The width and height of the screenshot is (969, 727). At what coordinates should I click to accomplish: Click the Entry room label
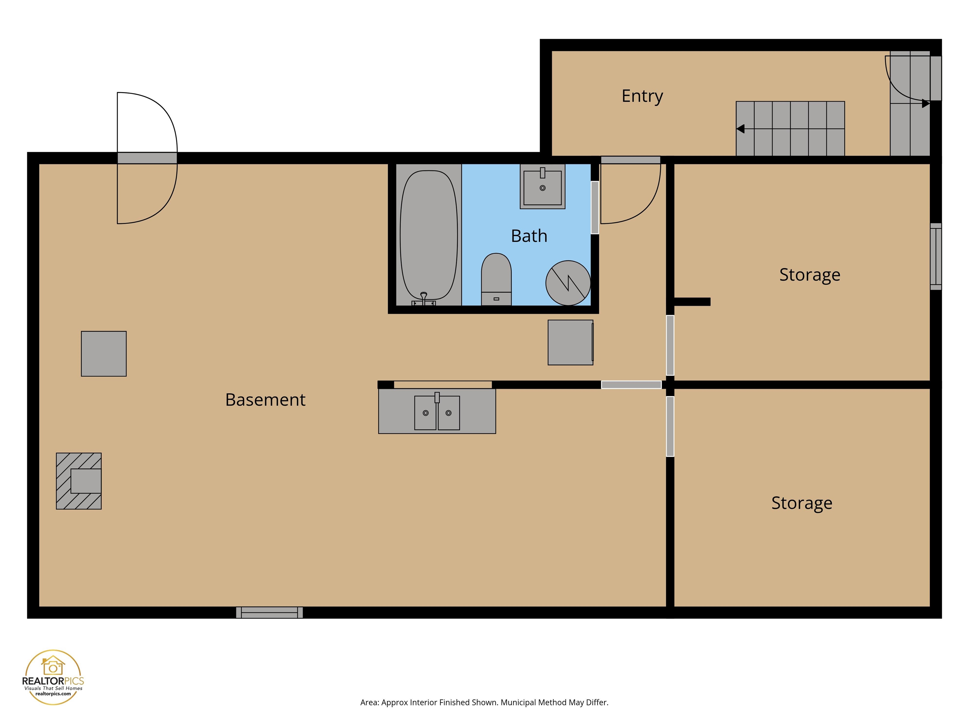642,96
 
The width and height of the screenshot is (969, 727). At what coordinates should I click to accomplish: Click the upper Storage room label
809,275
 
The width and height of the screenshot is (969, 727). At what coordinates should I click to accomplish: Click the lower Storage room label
801,503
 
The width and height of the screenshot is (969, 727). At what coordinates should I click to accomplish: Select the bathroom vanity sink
542,186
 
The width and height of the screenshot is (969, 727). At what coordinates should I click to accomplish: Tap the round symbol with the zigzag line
568,283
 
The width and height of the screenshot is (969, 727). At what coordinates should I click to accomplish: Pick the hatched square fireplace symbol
79,481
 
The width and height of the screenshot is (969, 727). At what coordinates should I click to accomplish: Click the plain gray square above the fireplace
104,354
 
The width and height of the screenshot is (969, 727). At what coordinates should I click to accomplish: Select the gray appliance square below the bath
570,342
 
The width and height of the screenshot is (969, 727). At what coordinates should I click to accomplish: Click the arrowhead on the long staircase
740,129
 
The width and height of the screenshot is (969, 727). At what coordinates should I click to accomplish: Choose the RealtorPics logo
53,677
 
